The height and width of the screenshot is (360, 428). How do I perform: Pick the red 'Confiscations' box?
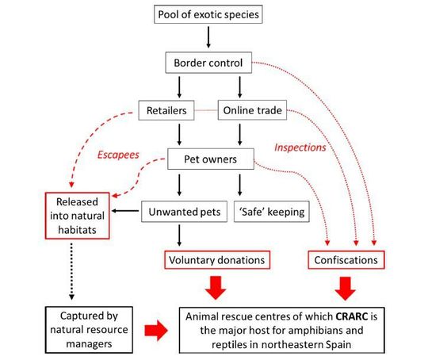[x=342, y=259]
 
